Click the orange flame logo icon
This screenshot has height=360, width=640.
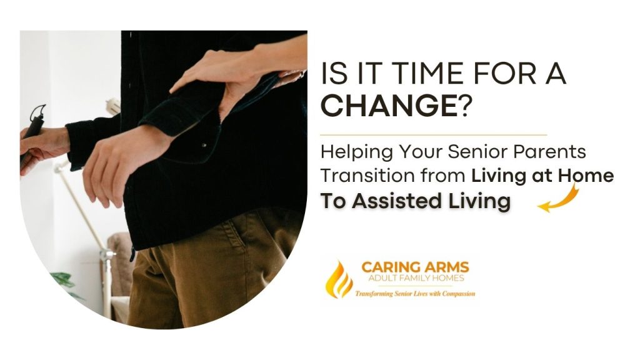click(x=341, y=277)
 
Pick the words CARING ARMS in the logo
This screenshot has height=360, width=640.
click(x=415, y=267)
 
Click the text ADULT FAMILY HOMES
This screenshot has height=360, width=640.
click(x=415, y=279)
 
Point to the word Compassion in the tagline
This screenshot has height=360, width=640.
click(x=455, y=293)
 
